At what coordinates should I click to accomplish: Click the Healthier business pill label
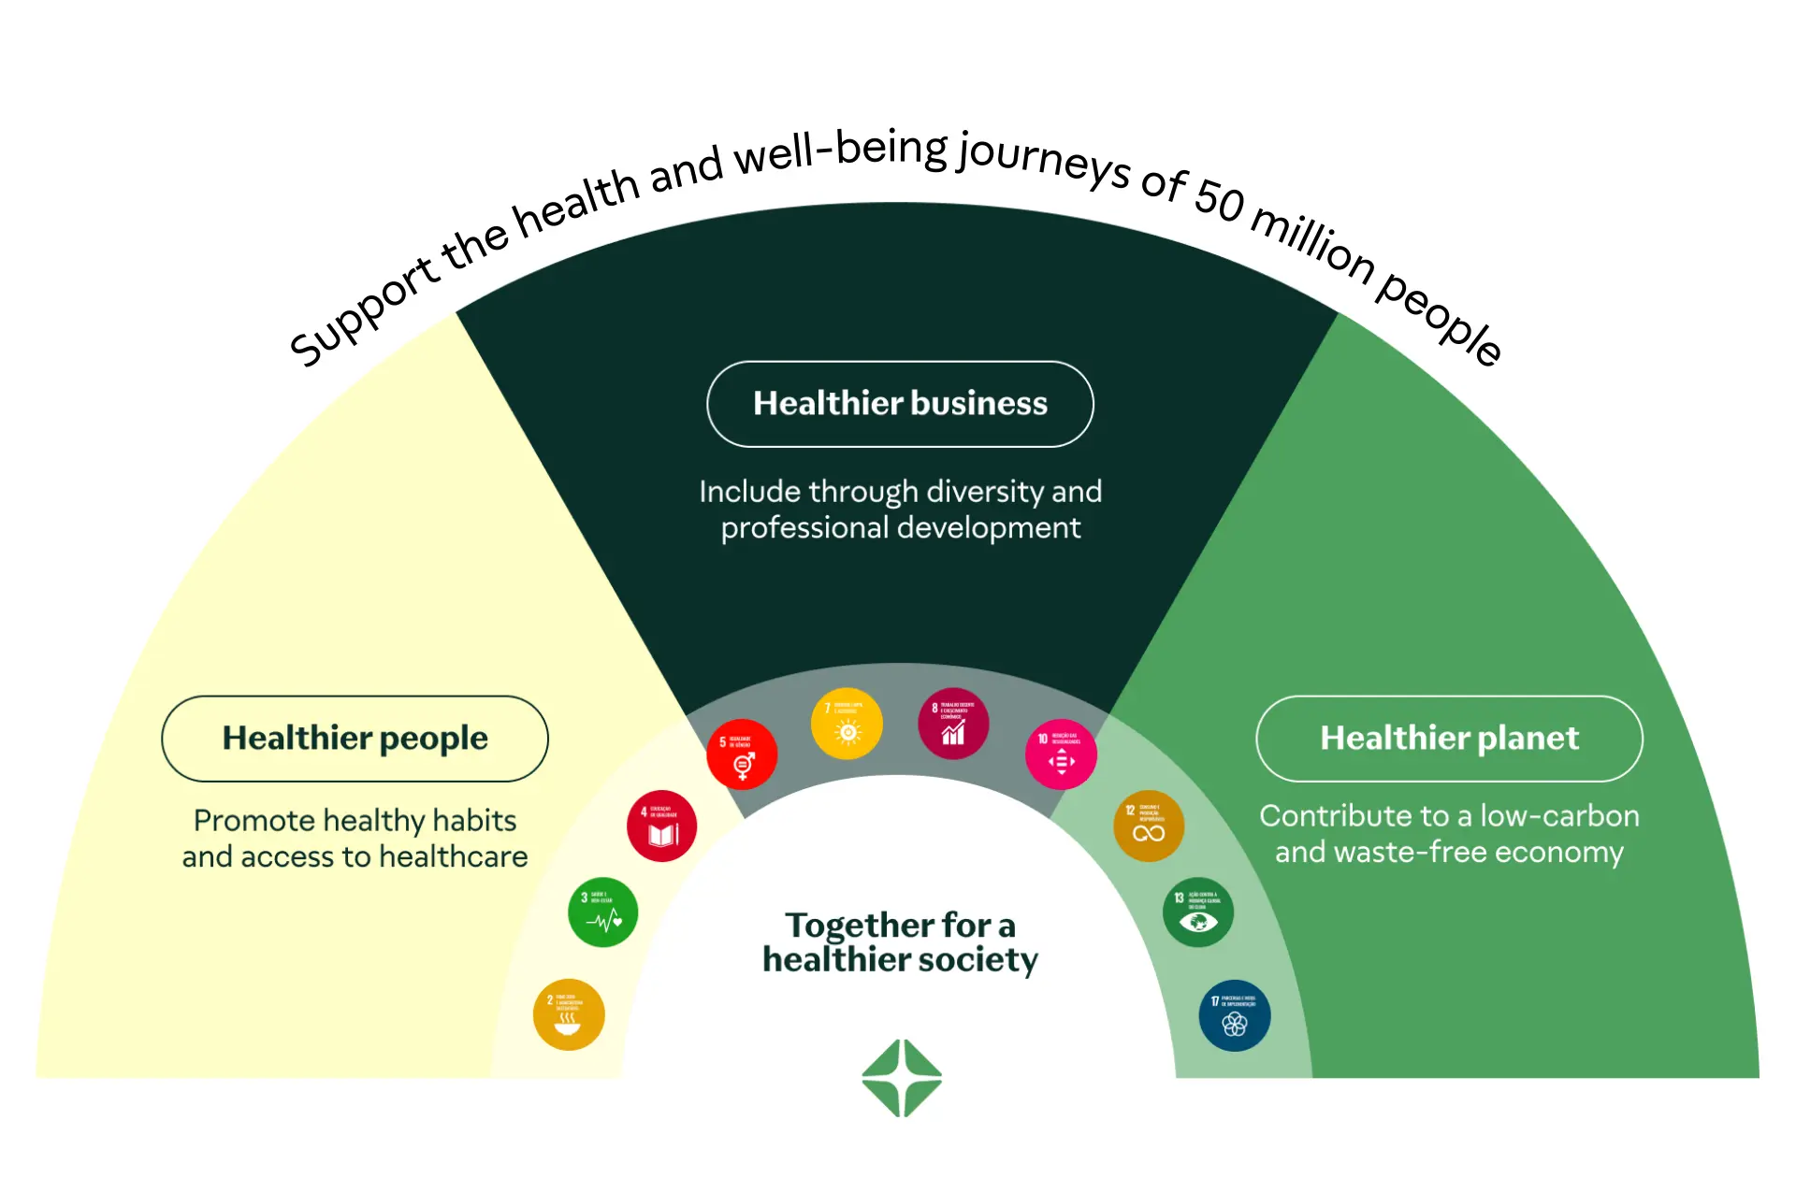[900, 404]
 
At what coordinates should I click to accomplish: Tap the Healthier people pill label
[355, 739]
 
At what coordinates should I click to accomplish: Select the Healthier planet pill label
[1449, 739]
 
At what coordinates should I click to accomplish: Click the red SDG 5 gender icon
[742, 754]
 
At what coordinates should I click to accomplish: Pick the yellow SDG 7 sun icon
[847, 725]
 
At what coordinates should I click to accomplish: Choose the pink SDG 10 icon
[1061, 754]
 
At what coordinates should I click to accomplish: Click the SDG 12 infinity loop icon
[1149, 826]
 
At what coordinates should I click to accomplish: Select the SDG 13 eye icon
[1198, 912]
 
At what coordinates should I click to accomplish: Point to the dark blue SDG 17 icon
[1235, 1015]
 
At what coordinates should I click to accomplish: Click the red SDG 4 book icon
[662, 826]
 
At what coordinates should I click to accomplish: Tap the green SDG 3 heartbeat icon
[603, 912]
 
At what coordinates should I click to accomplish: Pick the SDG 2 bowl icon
[569, 1015]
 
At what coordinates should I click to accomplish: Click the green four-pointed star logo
[902, 1078]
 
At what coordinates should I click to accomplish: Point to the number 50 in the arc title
[1220, 199]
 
